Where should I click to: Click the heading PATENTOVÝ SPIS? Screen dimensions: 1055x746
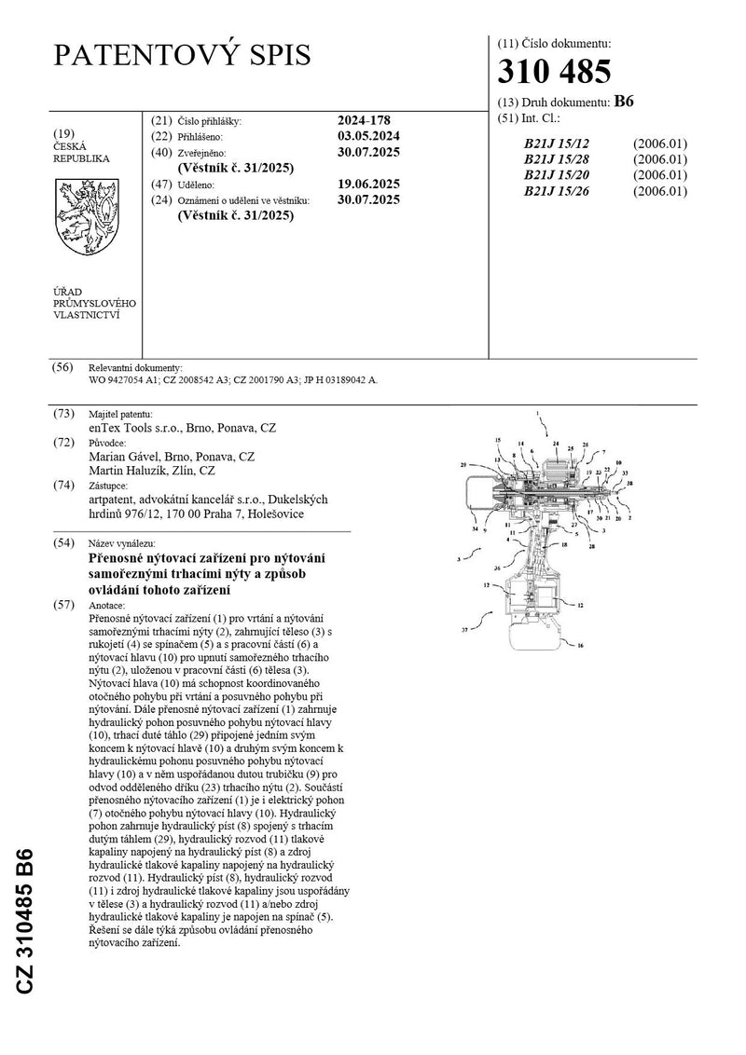click(181, 55)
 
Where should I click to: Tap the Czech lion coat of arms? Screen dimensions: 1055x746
click(84, 219)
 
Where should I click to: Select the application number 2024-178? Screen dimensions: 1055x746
click(363, 120)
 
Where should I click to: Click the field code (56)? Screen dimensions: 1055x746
click(62, 367)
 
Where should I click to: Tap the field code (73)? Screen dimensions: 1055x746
click(62, 413)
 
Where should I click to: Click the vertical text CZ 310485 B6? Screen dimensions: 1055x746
click(25, 921)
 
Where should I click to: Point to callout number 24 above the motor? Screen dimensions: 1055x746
click(556, 444)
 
